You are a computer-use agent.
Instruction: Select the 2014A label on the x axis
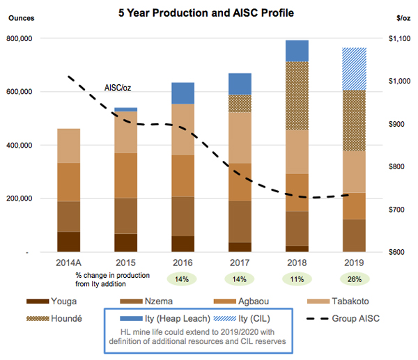click(68, 264)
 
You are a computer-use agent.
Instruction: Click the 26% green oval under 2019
click(353, 279)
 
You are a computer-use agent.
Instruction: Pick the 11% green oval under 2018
click(297, 279)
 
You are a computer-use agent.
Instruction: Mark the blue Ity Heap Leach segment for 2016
click(183, 93)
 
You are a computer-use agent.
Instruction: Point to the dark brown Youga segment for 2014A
click(68, 241)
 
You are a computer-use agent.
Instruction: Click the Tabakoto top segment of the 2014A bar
click(68, 146)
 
